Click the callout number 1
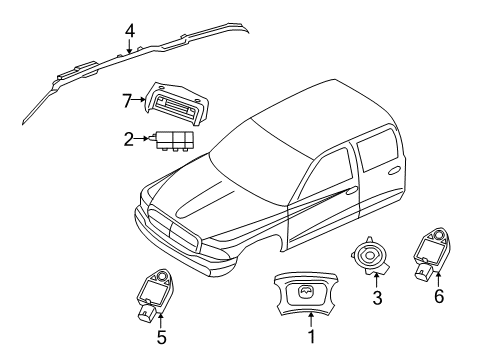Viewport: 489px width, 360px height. pyautogui.click(x=311, y=339)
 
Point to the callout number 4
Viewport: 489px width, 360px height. pyautogui.click(x=129, y=29)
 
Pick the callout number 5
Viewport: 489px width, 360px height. pyautogui.click(x=162, y=338)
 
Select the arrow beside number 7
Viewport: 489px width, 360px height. pyautogui.click(x=140, y=100)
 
